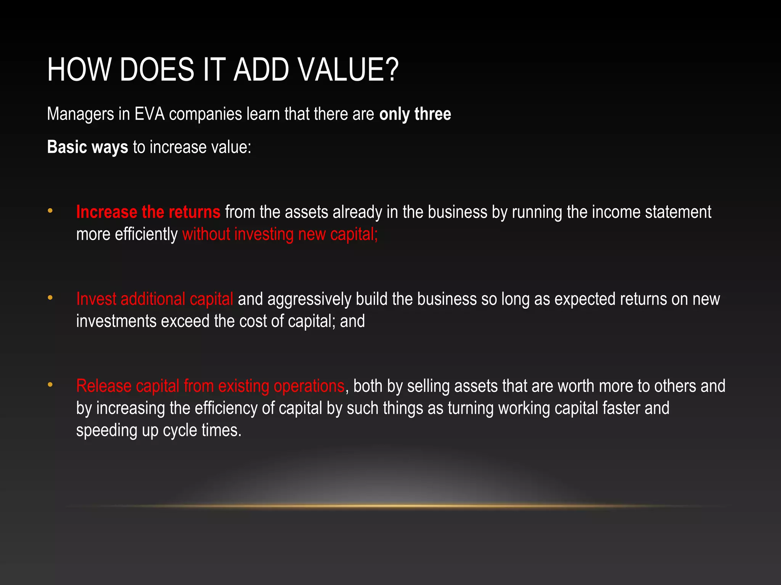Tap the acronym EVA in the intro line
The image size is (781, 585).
coord(149,114)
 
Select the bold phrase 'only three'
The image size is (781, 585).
coord(415,114)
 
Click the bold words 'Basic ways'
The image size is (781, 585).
coord(87,147)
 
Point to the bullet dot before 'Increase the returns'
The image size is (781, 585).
coord(50,211)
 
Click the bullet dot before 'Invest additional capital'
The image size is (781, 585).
coord(50,298)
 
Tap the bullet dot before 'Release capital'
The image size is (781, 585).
coord(50,385)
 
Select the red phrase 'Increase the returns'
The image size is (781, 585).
coord(148,212)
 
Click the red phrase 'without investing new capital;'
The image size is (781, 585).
coord(280,234)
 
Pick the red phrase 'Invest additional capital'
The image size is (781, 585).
coord(154,299)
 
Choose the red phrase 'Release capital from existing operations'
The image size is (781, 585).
coord(210,386)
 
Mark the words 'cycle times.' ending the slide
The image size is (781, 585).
coord(202,431)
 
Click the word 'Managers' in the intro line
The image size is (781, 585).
coord(80,114)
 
